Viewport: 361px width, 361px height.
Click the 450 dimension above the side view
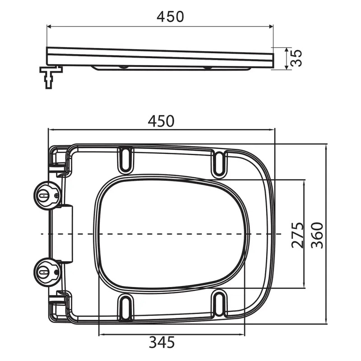pyautogui.click(x=170, y=17)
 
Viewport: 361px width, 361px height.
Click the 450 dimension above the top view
pyautogui.click(x=161, y=121)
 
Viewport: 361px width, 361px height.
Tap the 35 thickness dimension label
pyautogui.click(x=296, y=58)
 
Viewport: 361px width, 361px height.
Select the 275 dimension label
pyautogui.click(x=298, y=235)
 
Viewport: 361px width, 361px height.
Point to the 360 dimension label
pyautogui.click(x=317, y=235)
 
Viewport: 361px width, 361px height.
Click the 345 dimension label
pyautogui.click(x=162, y=342)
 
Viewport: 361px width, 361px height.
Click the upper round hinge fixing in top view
pyautogui.click(x=47, y=195)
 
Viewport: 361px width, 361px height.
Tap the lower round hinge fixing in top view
pyautogui.click(x=47, y=272)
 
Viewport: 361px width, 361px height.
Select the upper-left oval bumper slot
pyautogui.click(x=125, y=160)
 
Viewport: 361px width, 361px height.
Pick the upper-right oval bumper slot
pyautogui.click(x=219, y=163)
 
